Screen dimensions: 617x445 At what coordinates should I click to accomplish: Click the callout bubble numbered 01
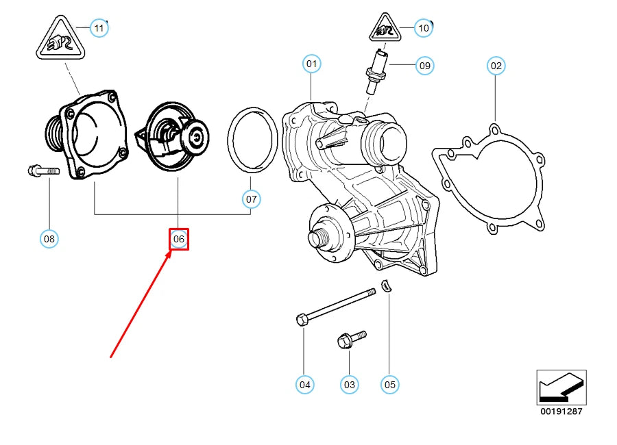pyautogui.click(x=312, y=64)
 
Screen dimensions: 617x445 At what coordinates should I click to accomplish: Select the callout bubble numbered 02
pyautogui.click(x=496, y=66)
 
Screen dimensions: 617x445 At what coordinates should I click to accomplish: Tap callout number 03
pyautogui.click(x=350, y=385)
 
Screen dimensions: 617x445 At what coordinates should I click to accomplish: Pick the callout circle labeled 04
pyautogui.click(x=305, y=385)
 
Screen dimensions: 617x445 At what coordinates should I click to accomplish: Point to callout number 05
pyautogui.click(x=390, y=385)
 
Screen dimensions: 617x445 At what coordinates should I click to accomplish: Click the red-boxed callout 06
pyautogui.click(x=179, y=239)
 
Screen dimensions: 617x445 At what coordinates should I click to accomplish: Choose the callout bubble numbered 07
pyautogui.click(x=252, y=199)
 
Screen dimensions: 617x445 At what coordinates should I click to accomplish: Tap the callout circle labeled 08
pyautogui.click(x=49, y=239)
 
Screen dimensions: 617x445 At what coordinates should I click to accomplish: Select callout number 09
pyautogui.click(x=425, y=66)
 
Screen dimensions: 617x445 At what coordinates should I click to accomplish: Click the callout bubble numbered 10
pyautogui.click(x=424, y=28)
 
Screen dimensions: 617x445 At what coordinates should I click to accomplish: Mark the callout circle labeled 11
pyautogui.click(x=99, y=28)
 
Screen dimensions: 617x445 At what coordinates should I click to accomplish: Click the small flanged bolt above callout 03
pyautogui.click(x=352, y=340)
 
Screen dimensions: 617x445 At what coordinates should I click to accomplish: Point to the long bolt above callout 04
pyautogui.click(x=336, y=307)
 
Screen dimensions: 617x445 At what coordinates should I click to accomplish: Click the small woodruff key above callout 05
pyautogui.click(x=387, y=285)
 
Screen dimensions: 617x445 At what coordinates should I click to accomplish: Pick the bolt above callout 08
pyautogui.click(x=44, y=170)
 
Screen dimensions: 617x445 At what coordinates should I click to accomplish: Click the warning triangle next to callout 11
pyautogui.click(x=60, y=38)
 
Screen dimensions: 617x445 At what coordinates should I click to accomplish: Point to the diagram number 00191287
pyautogui.click(x=561, y=411)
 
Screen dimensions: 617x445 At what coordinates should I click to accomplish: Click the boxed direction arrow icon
pyautogui.click(x=561, y=387)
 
